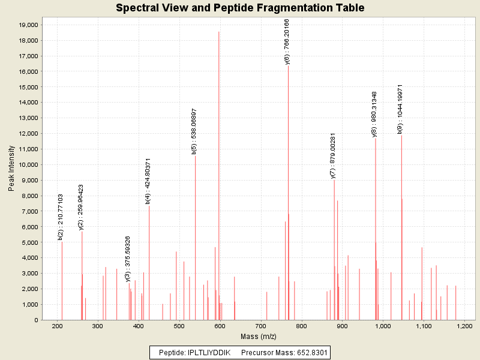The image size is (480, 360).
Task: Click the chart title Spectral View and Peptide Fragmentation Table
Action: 240,8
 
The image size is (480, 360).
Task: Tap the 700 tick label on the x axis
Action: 260,326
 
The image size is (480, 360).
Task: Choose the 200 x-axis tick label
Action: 58,326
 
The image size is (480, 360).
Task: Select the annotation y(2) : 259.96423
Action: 81,207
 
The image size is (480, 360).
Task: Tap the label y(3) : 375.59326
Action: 128,259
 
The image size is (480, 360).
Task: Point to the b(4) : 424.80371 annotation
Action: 148,181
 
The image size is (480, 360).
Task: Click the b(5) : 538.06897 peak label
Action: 194,131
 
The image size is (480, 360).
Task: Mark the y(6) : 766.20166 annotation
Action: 287,41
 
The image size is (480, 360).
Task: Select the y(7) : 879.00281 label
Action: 333,156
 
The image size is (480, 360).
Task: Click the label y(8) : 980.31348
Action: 374,114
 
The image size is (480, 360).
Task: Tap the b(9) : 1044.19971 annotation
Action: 400,109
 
